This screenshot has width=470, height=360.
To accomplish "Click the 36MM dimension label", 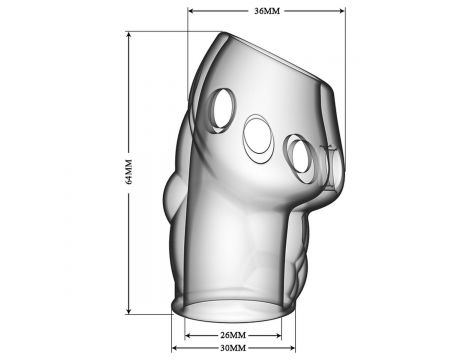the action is point(267,11).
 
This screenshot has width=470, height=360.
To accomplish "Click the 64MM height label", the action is point(129,172).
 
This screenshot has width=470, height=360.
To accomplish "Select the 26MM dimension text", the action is point(233,335).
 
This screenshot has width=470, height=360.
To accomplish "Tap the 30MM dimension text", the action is point(233,348).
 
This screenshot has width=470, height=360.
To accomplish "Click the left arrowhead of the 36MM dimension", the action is point(191,11).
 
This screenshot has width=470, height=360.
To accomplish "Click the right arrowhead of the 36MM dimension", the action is point(341,11).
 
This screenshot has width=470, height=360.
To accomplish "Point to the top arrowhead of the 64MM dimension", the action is point(129,35).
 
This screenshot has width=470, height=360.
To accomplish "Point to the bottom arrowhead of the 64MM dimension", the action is point(129,310).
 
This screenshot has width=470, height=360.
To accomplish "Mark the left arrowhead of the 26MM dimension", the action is point(188,335).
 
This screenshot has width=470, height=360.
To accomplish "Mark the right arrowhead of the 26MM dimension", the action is point(278,335).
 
